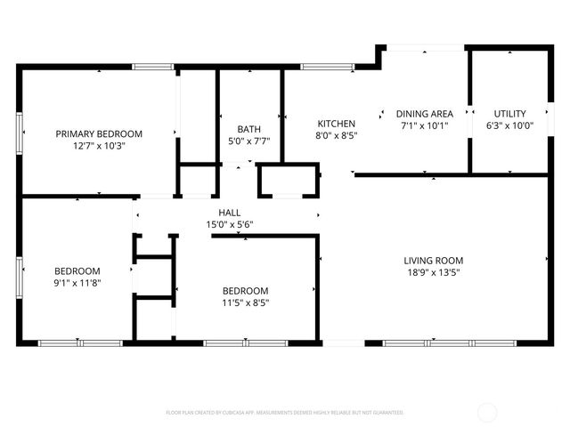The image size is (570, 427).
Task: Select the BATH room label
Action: coord(248,129)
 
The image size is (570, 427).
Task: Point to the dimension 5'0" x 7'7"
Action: coord(248,141)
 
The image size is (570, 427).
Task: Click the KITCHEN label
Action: coord(337,124)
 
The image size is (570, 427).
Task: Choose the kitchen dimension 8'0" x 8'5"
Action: coord(337,136)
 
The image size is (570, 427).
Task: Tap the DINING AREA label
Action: coord(424,114)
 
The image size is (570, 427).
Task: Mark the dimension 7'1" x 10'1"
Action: coord(424,125)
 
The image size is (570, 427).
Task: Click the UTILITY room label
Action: coord(510,114)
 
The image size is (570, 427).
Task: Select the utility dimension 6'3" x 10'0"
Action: coord(510,125)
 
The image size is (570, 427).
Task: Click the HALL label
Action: coord(228,213)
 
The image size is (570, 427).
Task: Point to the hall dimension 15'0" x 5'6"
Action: coord(228,224)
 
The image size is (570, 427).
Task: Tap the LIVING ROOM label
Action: coord(435,261)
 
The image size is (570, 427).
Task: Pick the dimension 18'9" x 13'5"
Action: coord(435,273)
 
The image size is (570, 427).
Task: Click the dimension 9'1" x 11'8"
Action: coord(77,283)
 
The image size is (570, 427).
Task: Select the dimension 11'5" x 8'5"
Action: coord(245,302)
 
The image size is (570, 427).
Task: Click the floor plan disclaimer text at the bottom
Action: coord(285,413)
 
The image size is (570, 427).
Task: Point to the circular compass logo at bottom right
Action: coord(488,412)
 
